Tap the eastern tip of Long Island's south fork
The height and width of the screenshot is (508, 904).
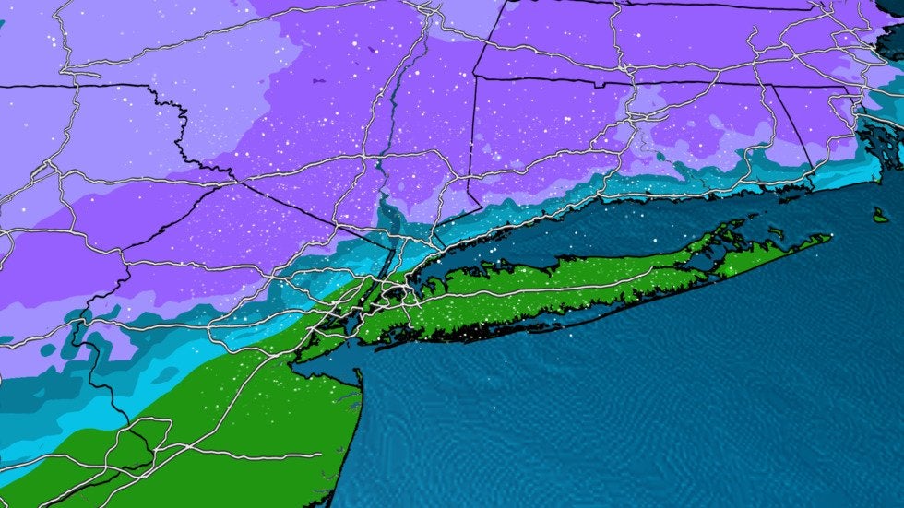[x=829, y=237]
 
